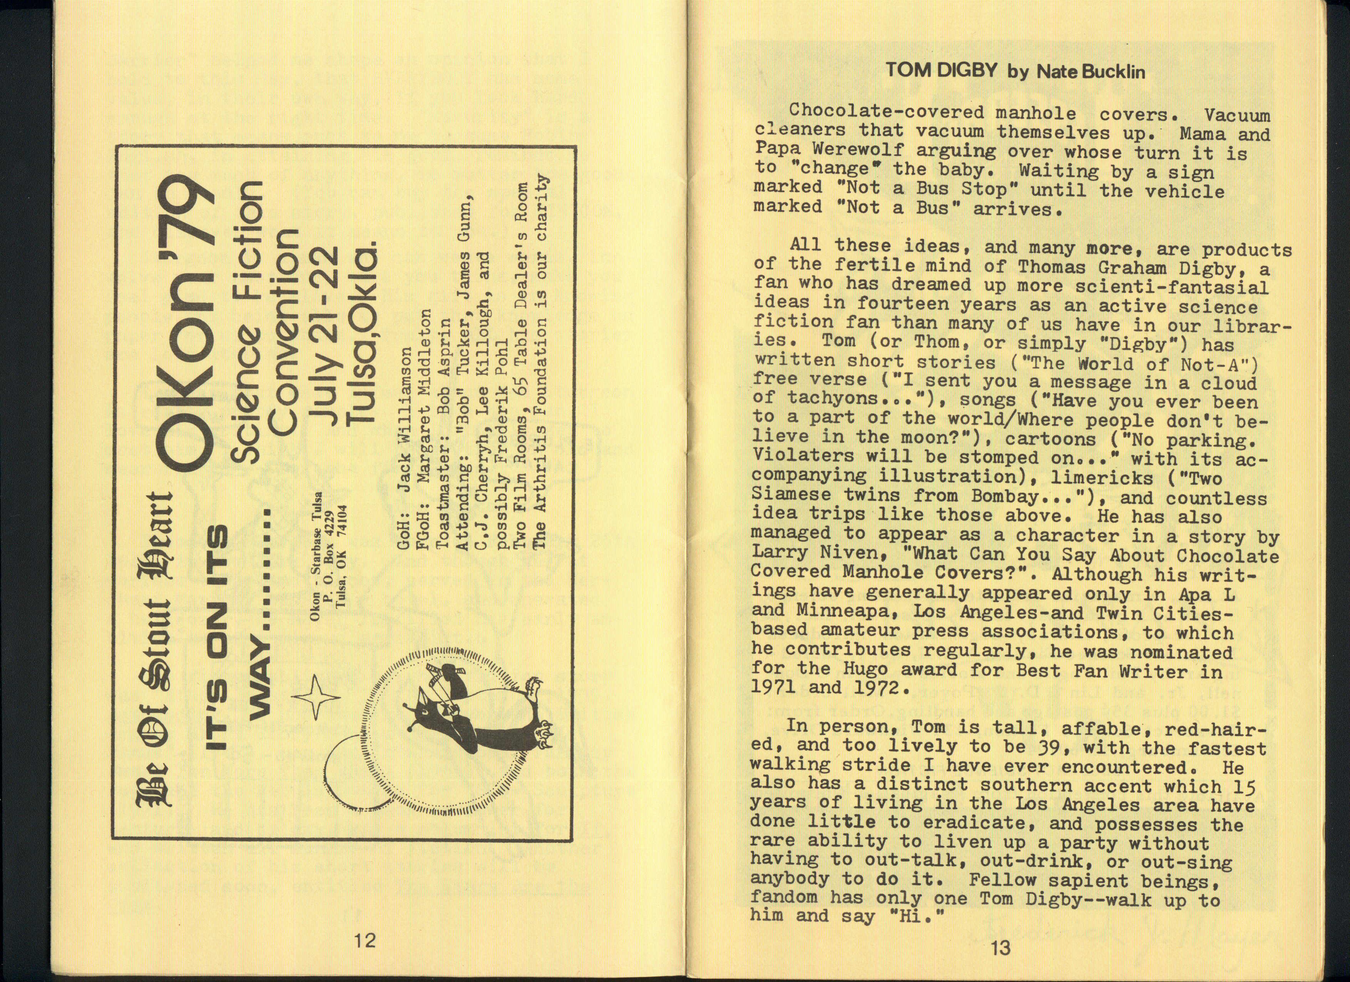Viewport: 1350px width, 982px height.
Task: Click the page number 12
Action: click(x=365, y=941)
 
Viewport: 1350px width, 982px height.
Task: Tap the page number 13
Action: click(x=1001, y=947)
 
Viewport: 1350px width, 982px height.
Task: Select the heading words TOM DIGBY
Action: click(x=940, y=71)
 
